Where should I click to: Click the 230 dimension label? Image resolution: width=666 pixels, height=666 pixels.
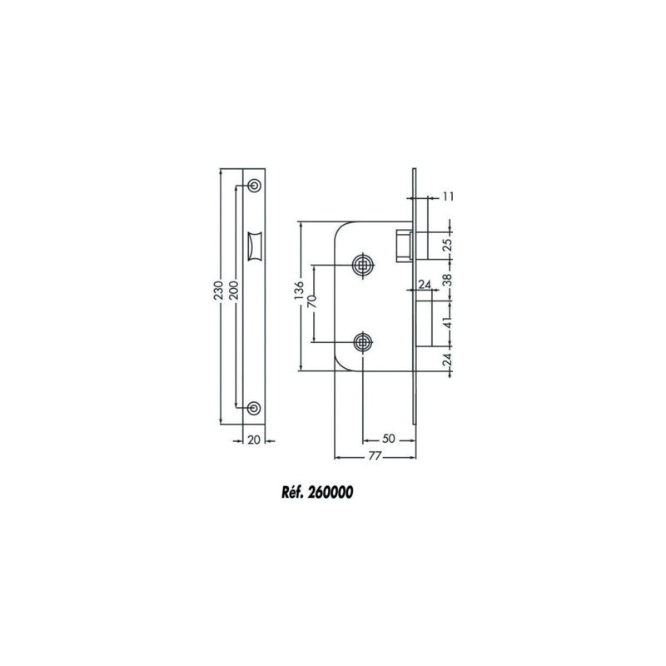pyautogui.click(x=218, y=290)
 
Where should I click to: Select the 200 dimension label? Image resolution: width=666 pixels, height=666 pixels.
pyautogui.click(x=234, y=290)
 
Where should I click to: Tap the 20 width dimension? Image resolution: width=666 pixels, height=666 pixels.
pyautogui.click(x=254, y=440)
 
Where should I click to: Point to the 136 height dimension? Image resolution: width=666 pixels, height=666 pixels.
pyautogui.click(x=300, y=291)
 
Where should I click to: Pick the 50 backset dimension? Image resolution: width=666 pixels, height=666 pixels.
pyautogui.click(x=388, y=439)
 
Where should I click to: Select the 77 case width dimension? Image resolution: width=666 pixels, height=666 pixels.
pyautogui.click(x=374, y=456)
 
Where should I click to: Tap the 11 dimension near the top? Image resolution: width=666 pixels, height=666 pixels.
pyautogui.click(x=448, y=196)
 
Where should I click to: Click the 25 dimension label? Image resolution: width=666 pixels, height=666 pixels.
pyautogui.click(x=448, y=246)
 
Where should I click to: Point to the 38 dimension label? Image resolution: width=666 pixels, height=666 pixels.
pyautogui.click(x=448, y=280)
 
